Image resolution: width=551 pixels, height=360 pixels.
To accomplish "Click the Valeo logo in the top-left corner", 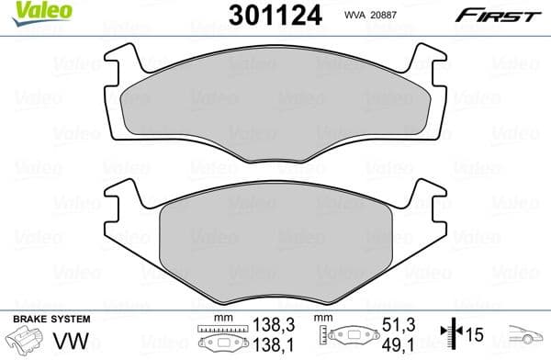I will point(30,12).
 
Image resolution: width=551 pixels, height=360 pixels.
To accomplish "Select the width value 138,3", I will point(275,324).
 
